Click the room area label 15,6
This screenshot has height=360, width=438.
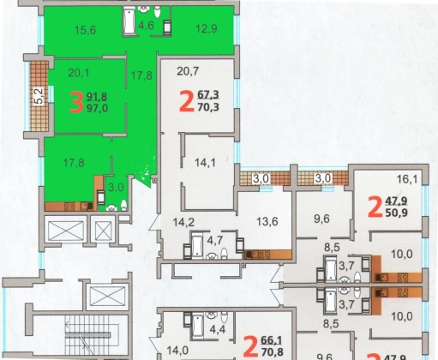pos(85,30)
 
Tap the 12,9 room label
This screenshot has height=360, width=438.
pos(207,28)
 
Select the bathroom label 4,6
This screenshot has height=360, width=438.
pos(146,25)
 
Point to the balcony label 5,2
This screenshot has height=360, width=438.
pos(39,96)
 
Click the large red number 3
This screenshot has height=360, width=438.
pos(76,102)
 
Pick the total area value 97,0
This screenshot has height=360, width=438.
pos(97,109)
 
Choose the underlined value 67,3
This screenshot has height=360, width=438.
pos(208,94)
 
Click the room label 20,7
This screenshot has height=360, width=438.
pos(188,71)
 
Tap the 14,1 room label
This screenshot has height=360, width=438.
pos(205,163)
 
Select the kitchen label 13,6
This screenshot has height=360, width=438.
pos(267,221)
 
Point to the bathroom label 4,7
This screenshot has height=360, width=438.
pos(214,240)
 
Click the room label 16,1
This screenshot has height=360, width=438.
pos(407,179)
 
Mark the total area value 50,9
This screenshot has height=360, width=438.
pos(396,213)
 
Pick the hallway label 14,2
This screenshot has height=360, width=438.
pos(183,222)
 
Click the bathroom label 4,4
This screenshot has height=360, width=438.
pos(218,329)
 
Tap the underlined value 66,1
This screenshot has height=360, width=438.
pos(272,340)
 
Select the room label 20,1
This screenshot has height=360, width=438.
pos(79,73)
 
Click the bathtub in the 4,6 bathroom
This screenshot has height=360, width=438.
pos(129,21)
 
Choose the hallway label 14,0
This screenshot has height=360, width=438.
pos(177,351)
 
